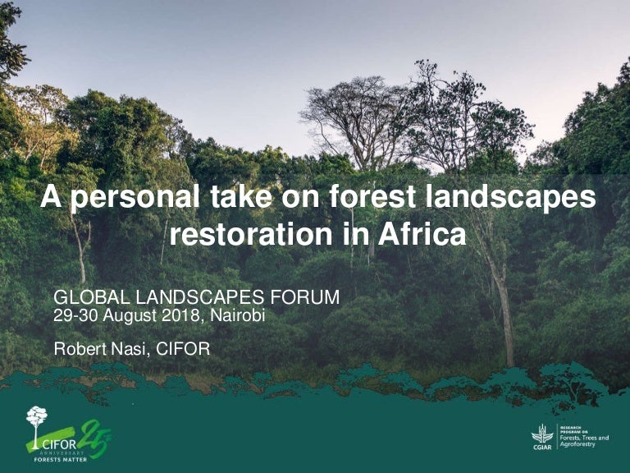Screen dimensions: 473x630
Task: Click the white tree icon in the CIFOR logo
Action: click(x=36, y=419)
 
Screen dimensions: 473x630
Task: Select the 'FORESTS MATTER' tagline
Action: click(x=59, y=460)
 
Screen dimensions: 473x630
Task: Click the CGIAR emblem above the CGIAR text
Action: click(x=541, y=433)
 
